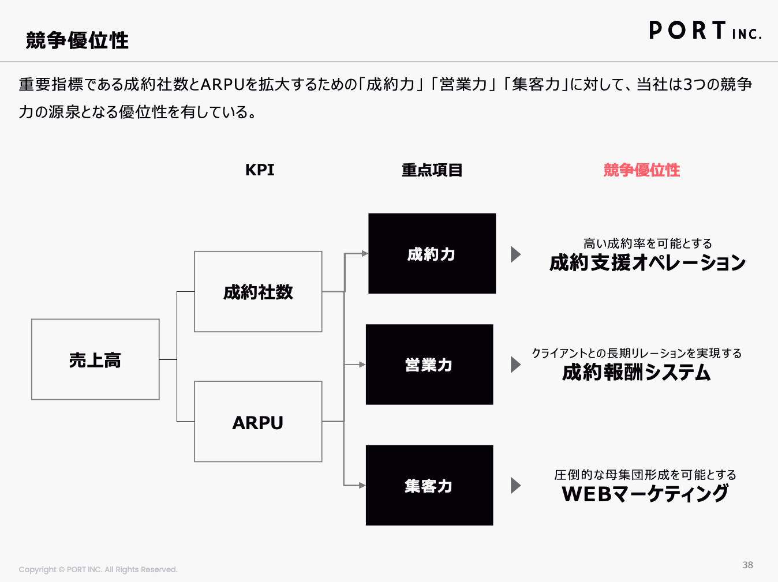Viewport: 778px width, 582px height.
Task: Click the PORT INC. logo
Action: click(705, 30)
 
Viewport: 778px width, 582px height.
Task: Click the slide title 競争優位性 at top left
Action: click(77, 40)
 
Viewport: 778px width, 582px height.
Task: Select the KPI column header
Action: click(260, 170)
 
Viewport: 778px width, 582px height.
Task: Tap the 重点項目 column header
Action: click(432, 170)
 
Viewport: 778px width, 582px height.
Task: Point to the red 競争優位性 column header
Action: click(642, 170)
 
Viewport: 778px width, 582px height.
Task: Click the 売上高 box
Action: click(95, 359)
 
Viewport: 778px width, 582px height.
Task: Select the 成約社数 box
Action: click(258, 291)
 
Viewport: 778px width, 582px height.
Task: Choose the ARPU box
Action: click(258, 421)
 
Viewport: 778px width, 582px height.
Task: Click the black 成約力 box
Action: click(432, 253)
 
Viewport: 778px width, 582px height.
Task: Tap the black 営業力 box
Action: click(429, 365)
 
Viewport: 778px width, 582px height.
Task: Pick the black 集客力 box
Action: click(429, 485)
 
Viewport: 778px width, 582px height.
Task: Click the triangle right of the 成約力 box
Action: click(516, 254)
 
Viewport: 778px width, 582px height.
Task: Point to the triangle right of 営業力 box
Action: click(516, 365)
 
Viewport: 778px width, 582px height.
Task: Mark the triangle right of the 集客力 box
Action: click(516, 485)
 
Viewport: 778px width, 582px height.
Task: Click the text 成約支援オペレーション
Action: click(647, 263)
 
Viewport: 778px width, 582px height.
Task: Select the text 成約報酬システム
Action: click(636, 372)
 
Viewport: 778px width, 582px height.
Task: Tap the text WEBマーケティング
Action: click(645, 493)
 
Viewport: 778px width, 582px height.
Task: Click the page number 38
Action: click(748, 565)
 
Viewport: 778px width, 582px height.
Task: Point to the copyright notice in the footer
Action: click(98, 570)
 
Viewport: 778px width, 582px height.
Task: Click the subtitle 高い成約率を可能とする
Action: click(648, 244)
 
